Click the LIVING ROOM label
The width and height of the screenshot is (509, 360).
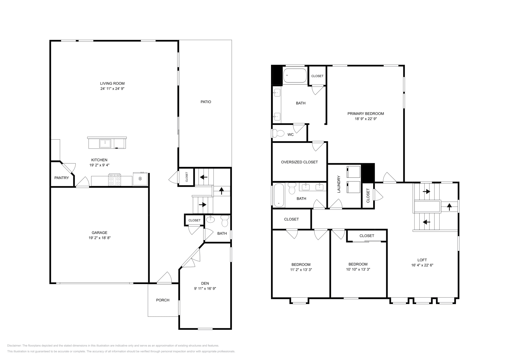point(112,83)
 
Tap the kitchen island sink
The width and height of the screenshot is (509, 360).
point(105,144)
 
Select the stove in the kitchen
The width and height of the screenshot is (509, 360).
point(115,180)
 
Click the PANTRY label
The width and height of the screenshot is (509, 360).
point(61,178)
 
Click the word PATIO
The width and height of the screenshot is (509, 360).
point(206,102)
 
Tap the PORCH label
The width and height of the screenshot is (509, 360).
point(163,300)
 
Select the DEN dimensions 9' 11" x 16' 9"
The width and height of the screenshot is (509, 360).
point(205,288)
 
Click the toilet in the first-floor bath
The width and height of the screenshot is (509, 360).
point(225,221)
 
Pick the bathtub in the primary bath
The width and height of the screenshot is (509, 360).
point(295,76)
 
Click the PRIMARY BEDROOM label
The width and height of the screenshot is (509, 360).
point(366,114)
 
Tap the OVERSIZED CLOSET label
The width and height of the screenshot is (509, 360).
point(299,162)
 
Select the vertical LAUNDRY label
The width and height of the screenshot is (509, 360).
point(339,184)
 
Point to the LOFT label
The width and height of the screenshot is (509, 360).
point(422,260)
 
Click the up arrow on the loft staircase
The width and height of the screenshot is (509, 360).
point(449,207)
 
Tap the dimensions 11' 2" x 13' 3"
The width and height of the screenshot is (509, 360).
point(301,269)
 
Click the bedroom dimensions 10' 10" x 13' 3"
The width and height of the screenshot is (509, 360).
point(358,269)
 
